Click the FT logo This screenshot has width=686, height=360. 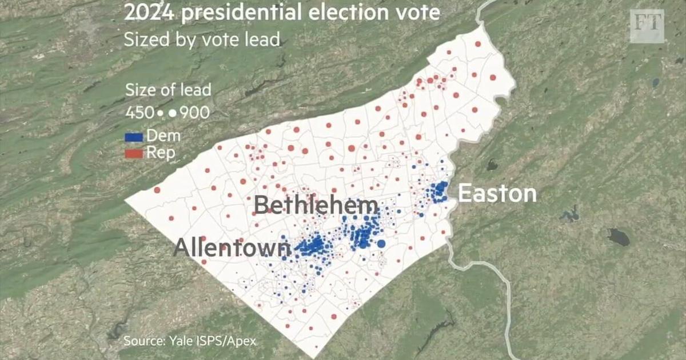(x=647, y=26)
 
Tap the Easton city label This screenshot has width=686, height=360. (x=497, y=194)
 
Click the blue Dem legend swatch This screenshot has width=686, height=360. (x=134, y=137)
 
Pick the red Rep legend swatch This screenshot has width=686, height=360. (x=134, y=153)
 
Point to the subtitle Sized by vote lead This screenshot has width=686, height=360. (x=202, y=39)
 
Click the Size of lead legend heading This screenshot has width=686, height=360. (x=168, y=90)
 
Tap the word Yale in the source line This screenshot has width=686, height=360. (x=182, y=342)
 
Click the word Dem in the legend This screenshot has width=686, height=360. (x=163, y=136)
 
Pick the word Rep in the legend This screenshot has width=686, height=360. (x=161, y=153)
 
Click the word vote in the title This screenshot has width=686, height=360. (x=419, y=13)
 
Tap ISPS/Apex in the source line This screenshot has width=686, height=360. (x=226, y=342)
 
